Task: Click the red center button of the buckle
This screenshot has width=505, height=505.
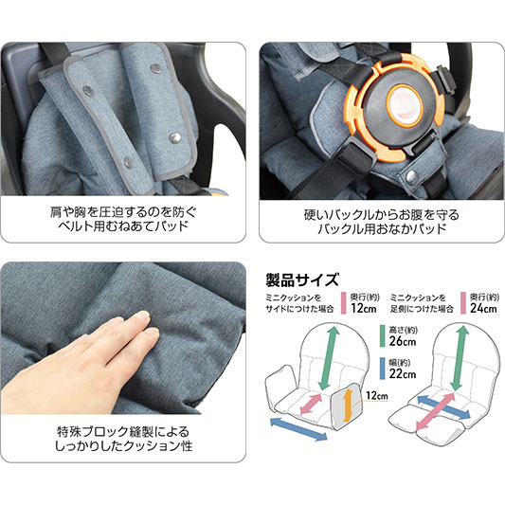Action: [x=404, y=105]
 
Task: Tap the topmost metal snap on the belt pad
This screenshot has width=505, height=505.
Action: [x=156, y=68]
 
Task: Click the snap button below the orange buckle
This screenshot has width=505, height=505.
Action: [x=411, y=176]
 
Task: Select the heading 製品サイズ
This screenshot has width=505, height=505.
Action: [x=302, y=280]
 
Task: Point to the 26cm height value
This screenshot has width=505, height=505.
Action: [x=403, y=341]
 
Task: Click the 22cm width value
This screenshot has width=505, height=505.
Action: [x=403, y=373]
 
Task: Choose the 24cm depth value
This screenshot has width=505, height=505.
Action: [x=483, y=308]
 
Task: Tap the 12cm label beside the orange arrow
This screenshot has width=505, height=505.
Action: [x=377, y=395]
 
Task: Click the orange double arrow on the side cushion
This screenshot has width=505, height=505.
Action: [x=347, y=405]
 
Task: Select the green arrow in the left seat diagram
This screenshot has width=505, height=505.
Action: [x=329, y=358]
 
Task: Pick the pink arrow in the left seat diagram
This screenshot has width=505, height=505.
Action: [x=311, y=404]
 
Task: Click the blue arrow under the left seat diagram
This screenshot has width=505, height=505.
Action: [x=298, y=429]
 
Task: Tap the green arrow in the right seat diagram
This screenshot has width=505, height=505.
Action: [x=460, y=358]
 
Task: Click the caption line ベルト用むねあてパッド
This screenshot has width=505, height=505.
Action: [x=123, y=226]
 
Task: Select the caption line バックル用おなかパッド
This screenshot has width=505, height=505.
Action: [x=382, y=228]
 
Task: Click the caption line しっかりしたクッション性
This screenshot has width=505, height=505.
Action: [x=123, y=446]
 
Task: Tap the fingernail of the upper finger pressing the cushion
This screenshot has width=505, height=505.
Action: [x=142, y=316]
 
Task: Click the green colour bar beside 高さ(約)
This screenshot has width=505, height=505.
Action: [x=382, y=336]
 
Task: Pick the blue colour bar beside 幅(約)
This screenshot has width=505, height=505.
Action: [x=382, y=369]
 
